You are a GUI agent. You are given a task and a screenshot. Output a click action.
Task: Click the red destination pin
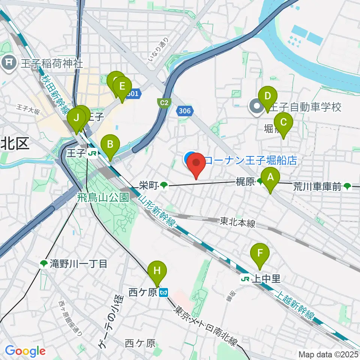[196, 164]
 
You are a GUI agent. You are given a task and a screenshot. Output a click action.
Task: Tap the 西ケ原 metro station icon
[163, 292]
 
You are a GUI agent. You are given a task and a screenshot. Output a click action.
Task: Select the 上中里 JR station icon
[246, 279]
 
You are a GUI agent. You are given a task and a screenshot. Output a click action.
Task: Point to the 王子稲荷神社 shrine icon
[9, 61]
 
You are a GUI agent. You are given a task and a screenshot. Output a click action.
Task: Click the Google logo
[25, 351]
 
